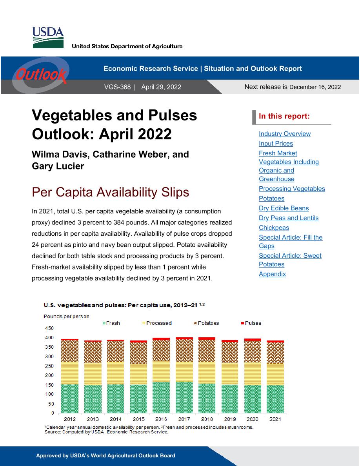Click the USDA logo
coord(48,37)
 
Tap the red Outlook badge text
coord(41,75)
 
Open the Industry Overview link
coord(285,134)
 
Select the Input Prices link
coord(276,144)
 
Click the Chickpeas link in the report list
coord(274,228)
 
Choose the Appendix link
coord(272,274)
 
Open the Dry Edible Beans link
coord(284,208)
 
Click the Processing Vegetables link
coord(292,189)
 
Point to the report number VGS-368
coord(117,87)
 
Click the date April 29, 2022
coord(161,87)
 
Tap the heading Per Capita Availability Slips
coord(111,192)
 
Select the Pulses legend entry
coord(251,323)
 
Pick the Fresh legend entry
coord(111,323)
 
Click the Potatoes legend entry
coord(206,323)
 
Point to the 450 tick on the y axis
coord(49,328)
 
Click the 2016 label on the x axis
coord(161,419)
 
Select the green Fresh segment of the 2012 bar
coord(70,399)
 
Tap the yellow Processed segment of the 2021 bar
coord(275,374)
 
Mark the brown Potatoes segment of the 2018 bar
coord(207,351)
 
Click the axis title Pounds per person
coord(66,316)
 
